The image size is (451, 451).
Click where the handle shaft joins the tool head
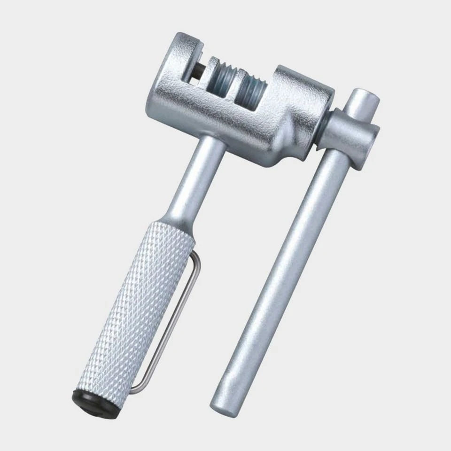211,146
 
